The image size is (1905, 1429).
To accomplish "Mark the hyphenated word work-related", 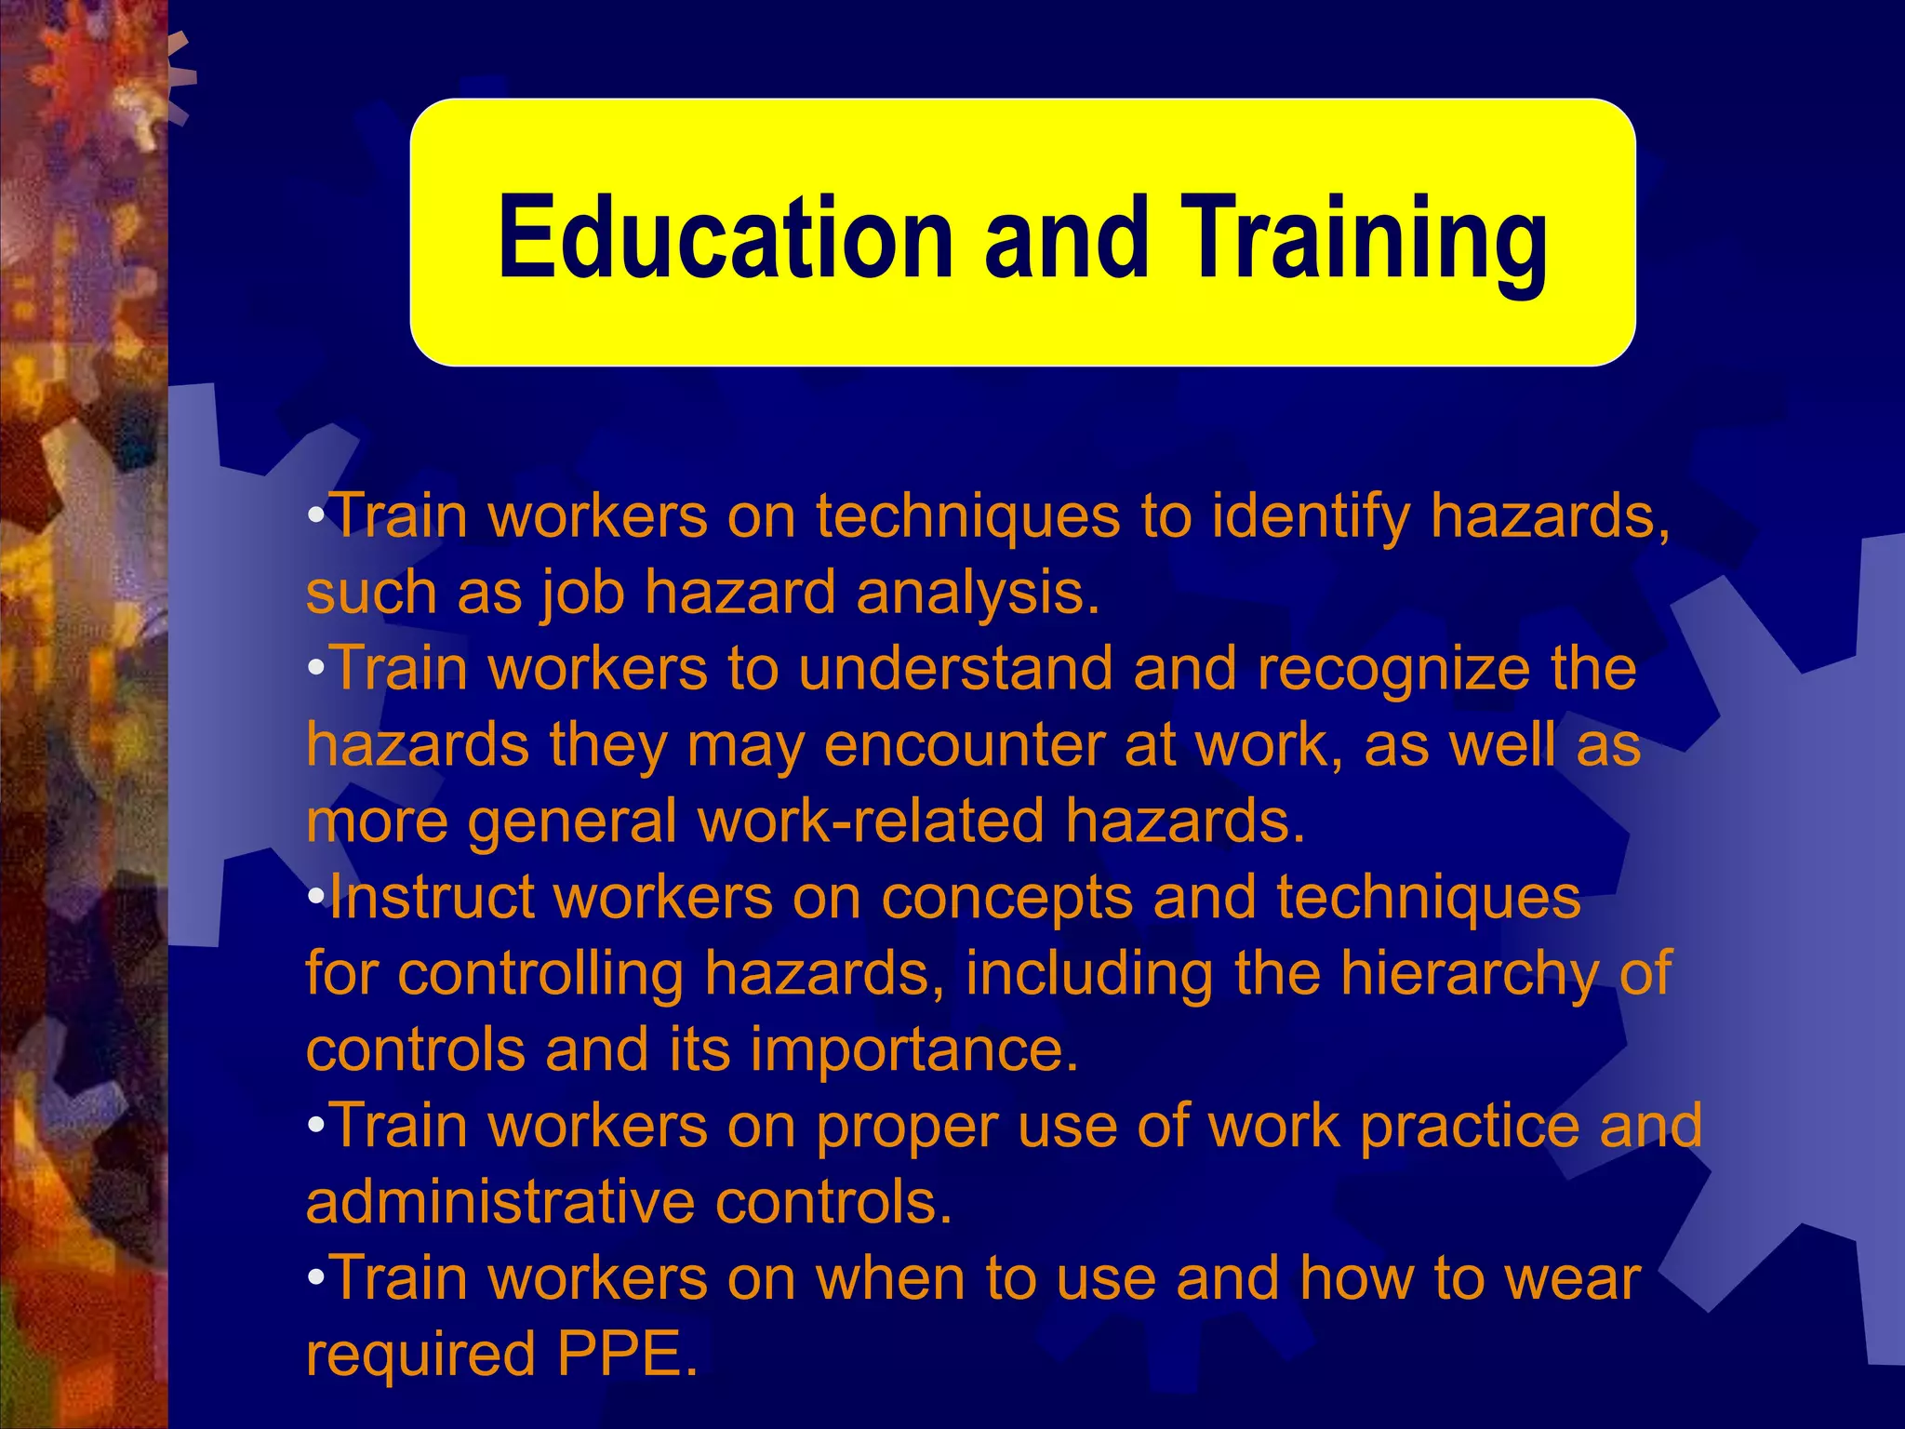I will pyautogui.click(x=871, y=821).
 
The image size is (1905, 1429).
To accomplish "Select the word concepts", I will pyautogui.click(x=1006, y=899).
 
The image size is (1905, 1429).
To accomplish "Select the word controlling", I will pyautogui.click(x=540, y=974).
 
